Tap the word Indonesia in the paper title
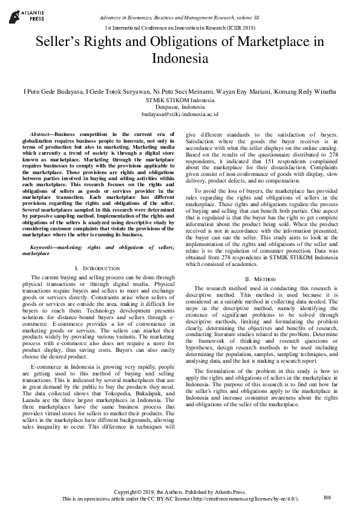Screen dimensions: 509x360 (180, 59)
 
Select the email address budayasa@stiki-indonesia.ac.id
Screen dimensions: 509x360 (180, 114)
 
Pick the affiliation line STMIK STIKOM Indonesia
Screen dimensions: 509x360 (180, 99)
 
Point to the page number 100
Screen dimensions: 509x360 (327, 497)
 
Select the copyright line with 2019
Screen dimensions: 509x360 (180, 491)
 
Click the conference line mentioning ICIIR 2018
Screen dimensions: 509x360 (180, 28)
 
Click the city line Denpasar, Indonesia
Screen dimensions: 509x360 (180, 106)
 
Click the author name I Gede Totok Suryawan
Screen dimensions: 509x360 (113, 91)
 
